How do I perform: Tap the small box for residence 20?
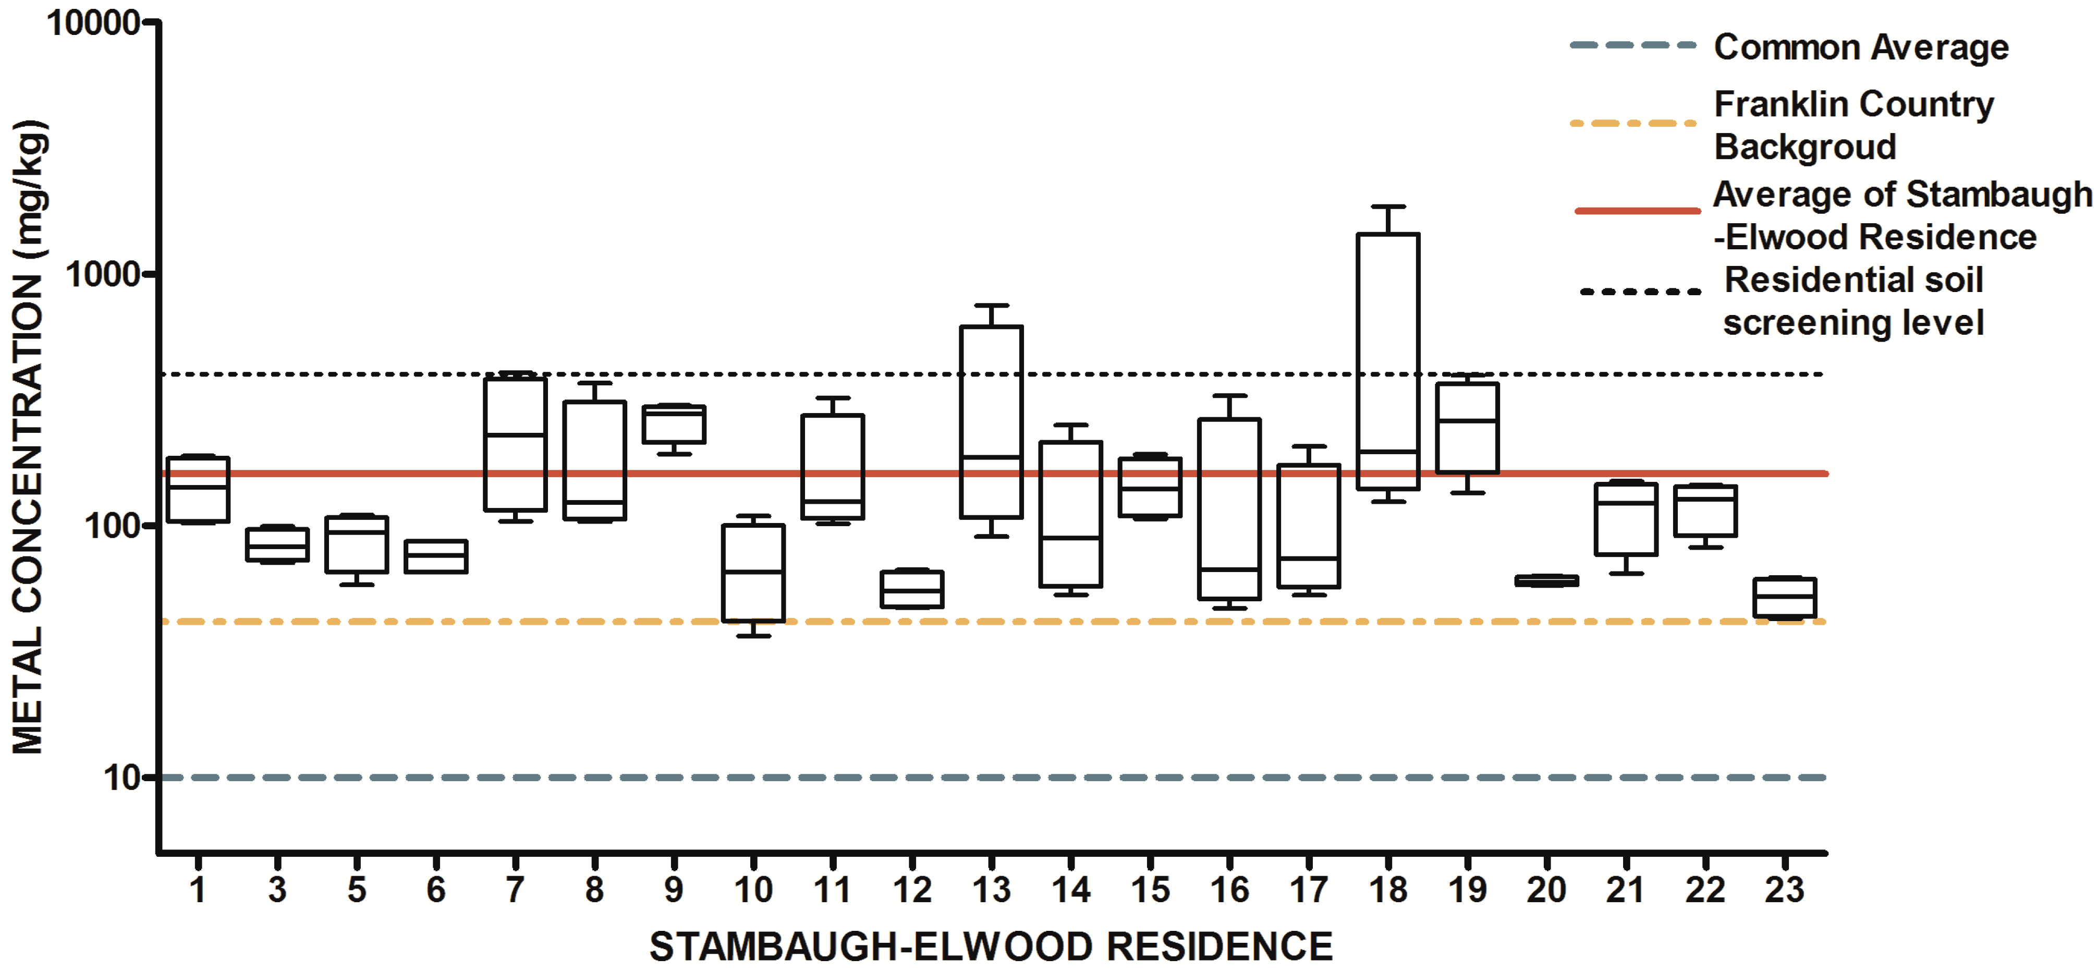pyautogui.click(x=1547, y=580)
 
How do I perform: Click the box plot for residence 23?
pyautogui.click(x=1784, y=598)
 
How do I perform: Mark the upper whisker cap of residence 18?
pyautogui.click(x=1388, y=207)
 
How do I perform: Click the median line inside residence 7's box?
pyautogui.click(x=515, y=435)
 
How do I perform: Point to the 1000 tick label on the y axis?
pyautogui.click(x=103, y=275)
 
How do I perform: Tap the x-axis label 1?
pyautogui.click(x=198, y=890)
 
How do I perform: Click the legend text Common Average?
pyautogui.click(x=1861, y=47)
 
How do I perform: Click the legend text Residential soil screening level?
pyautogui.click(x=1854, y=301)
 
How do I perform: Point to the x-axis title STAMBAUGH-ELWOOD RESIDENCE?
pyautogui.click(x=991, y=946)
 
